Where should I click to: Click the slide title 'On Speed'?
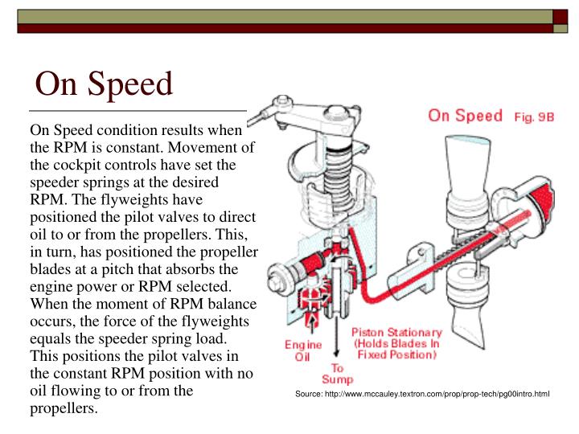(105, 84)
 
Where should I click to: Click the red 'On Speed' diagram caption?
(466, 115)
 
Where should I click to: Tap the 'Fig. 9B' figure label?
(535, 117)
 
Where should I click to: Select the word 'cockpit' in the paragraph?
(80, 165)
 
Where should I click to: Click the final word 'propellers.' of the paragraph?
(64, 408)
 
